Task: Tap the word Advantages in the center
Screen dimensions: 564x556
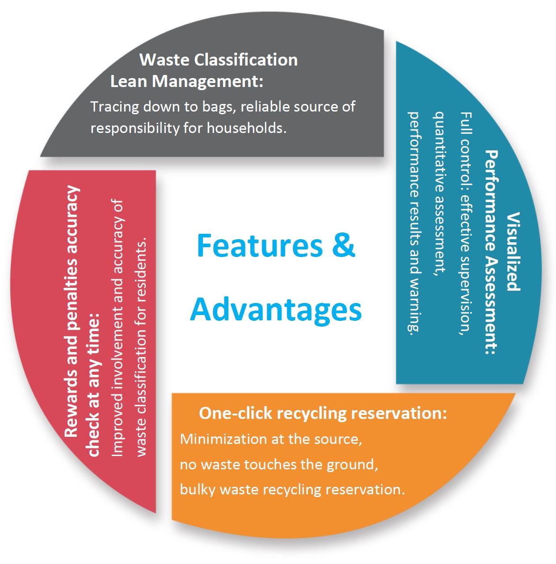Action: tap(276, 309)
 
